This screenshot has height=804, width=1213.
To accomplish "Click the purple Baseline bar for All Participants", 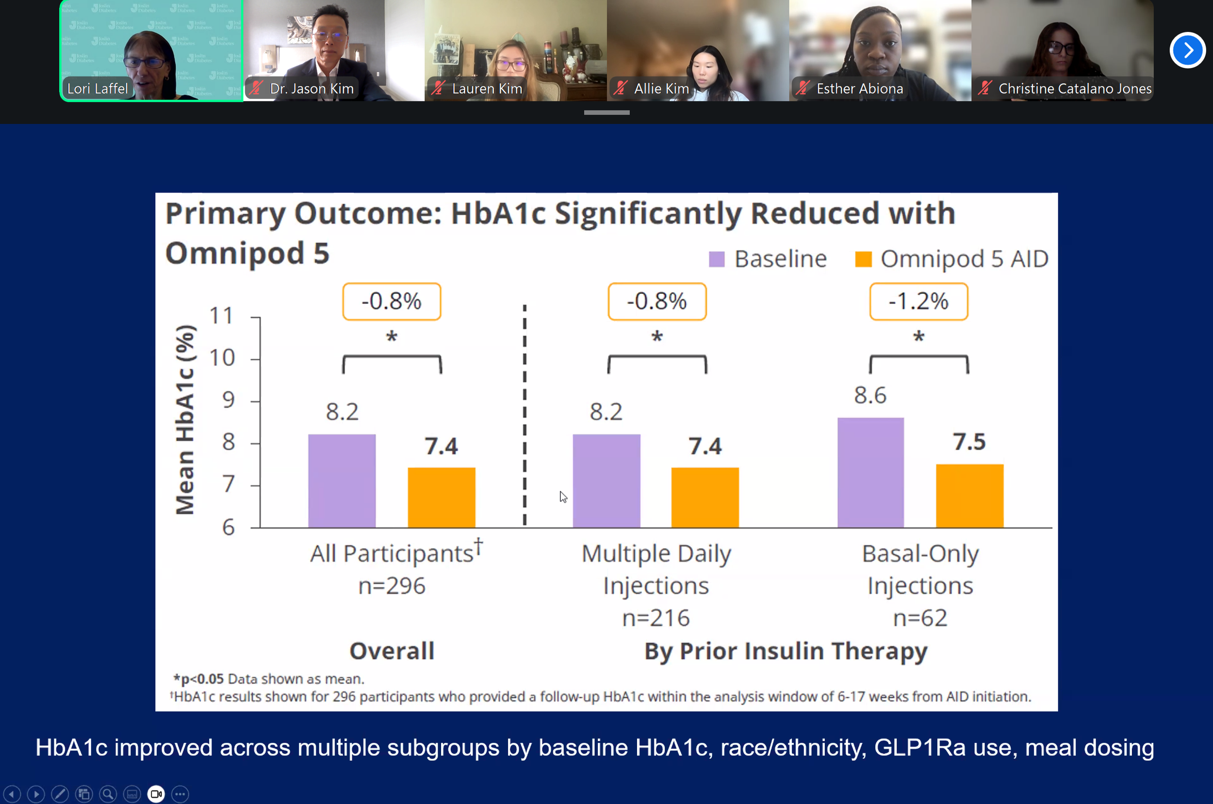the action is (x=342, y=481).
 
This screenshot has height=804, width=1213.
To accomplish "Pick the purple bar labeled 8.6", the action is (x=870, y=472).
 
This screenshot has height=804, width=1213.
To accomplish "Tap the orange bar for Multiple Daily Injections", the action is (x=705, y=497).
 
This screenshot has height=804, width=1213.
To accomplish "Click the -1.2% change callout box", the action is (x=918, y=302).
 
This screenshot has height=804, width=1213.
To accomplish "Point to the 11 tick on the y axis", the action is (x=222, y=316).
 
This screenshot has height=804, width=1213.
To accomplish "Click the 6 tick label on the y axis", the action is (x=229, y=527).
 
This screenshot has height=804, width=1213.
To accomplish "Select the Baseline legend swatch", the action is (x=717, y=259).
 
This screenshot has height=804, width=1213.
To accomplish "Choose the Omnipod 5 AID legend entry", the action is (x=951, y=259).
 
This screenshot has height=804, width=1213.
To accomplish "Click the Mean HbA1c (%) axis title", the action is (x=185, y=419).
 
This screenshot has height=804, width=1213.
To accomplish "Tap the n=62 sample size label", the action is (x=920, y=618).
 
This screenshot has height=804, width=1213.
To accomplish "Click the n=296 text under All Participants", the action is (x=392, y=586).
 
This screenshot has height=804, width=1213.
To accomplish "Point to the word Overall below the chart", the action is (x=392, y=651).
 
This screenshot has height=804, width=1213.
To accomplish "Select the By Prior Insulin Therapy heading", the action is (x=786, y=651).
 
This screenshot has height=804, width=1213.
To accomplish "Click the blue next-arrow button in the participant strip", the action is (x=1187, y=50).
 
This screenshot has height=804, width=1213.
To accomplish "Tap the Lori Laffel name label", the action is (x=98, y=89).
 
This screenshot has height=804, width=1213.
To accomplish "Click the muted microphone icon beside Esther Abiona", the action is (x=803, y=88).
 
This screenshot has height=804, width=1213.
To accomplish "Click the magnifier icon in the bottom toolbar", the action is (x=108, y=794).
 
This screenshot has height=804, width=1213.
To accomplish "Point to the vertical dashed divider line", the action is (x=524, y=415).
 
